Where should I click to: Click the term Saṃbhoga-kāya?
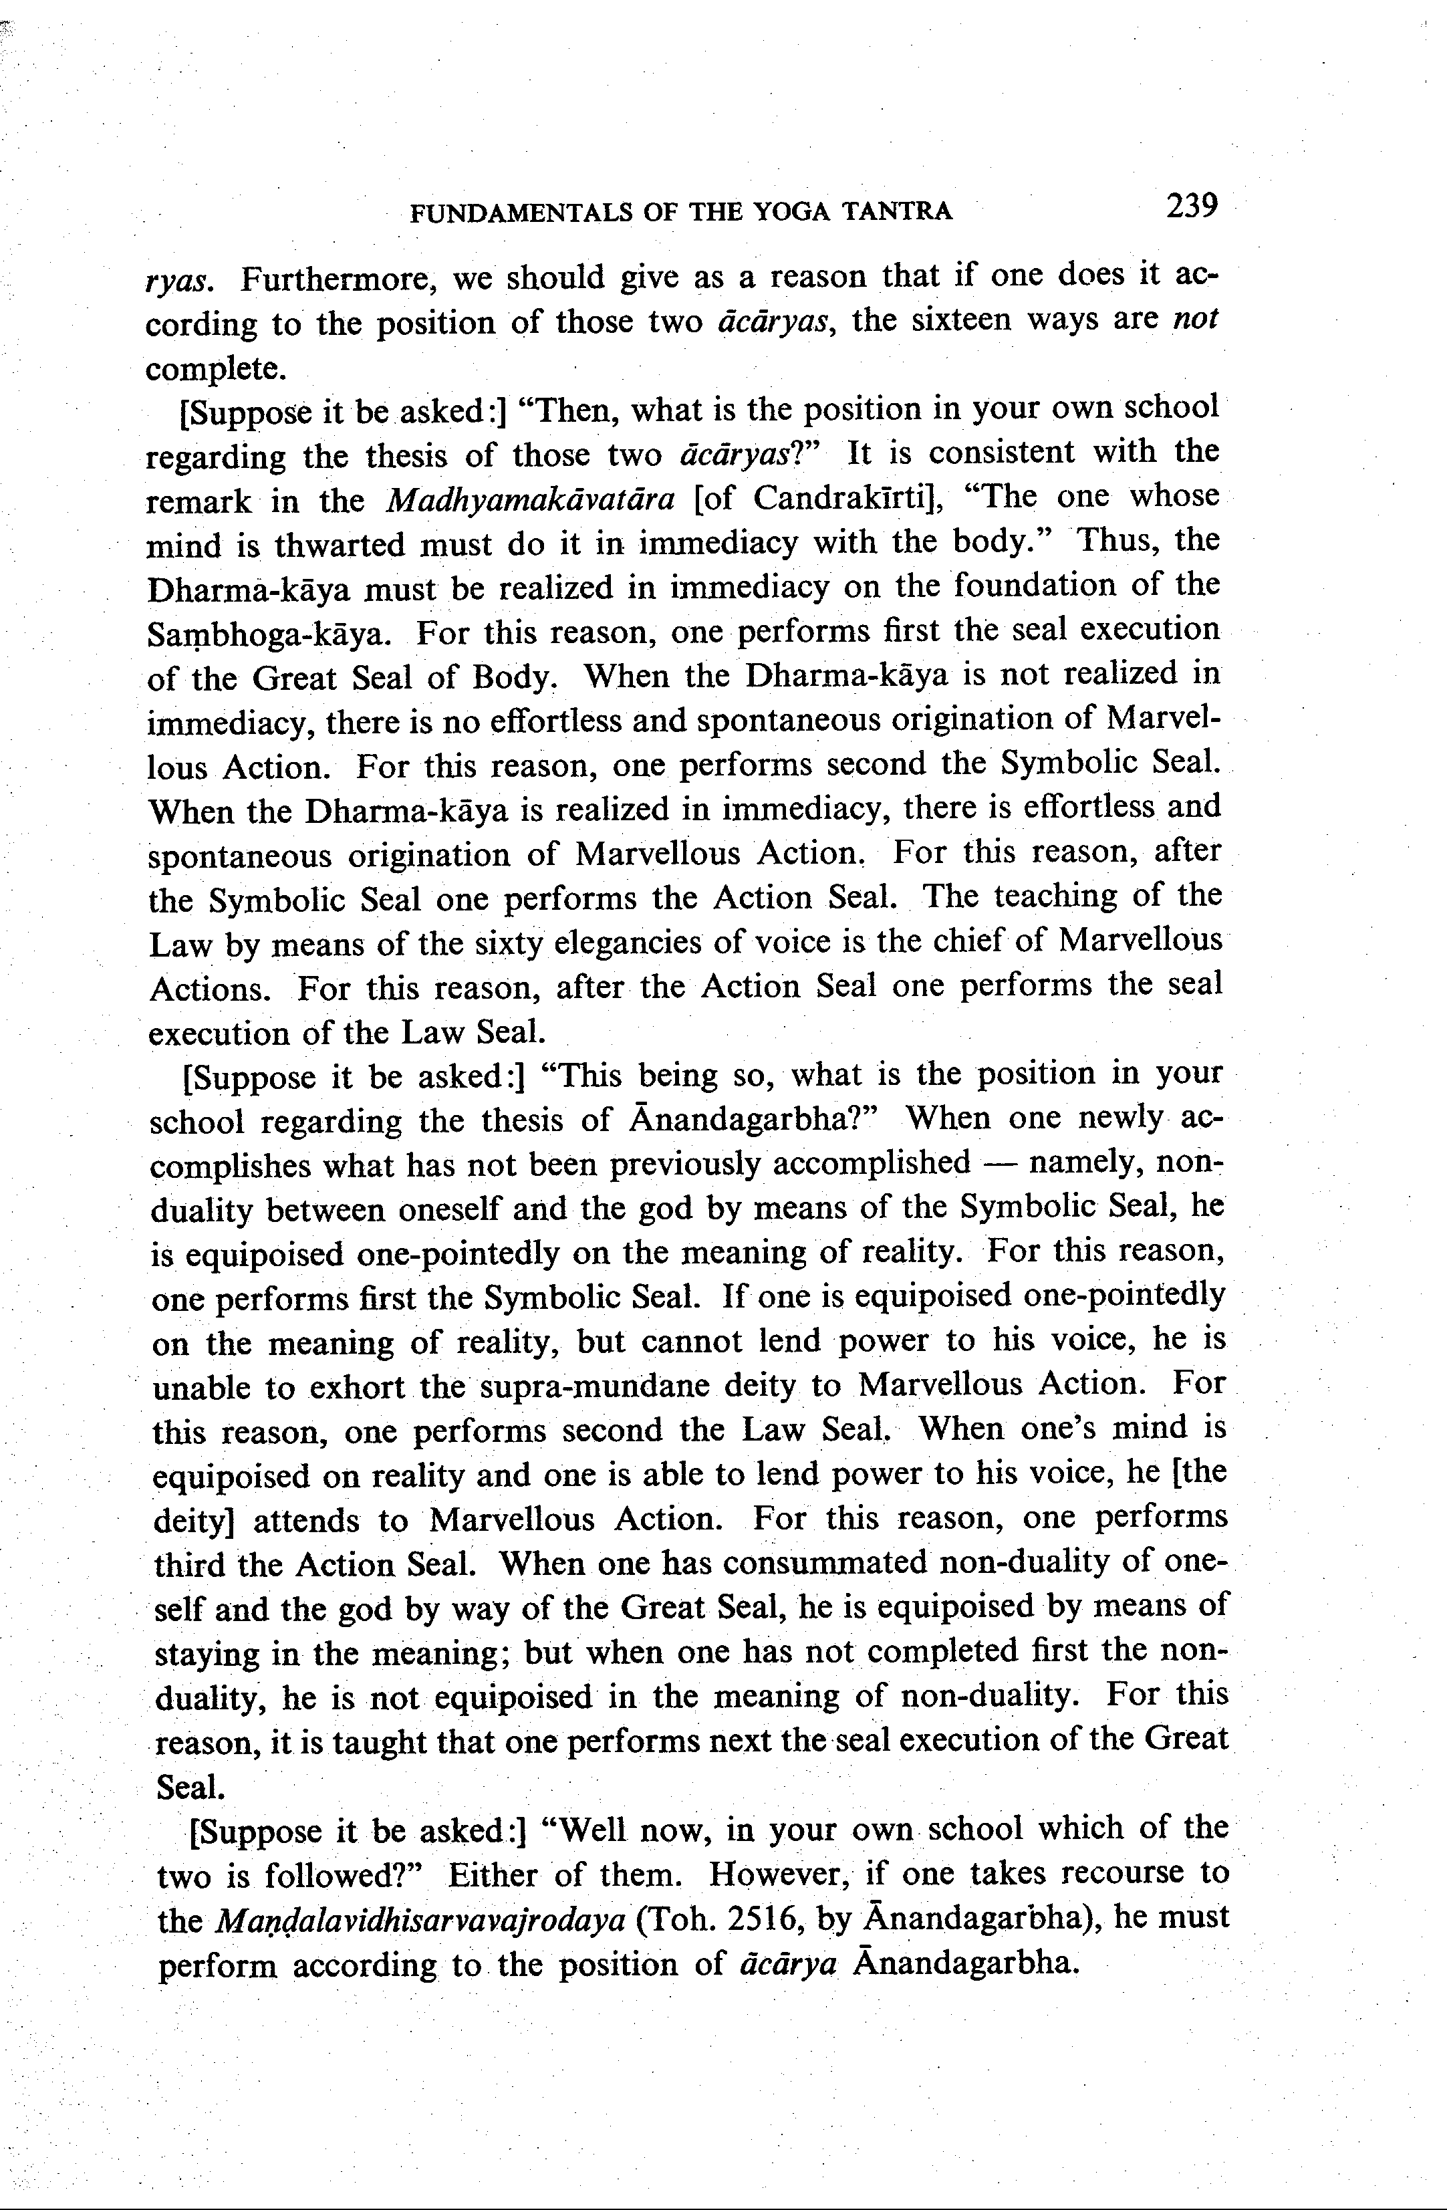[269, 635]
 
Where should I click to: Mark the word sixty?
[509, 943]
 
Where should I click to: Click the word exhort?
[358, 1387]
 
